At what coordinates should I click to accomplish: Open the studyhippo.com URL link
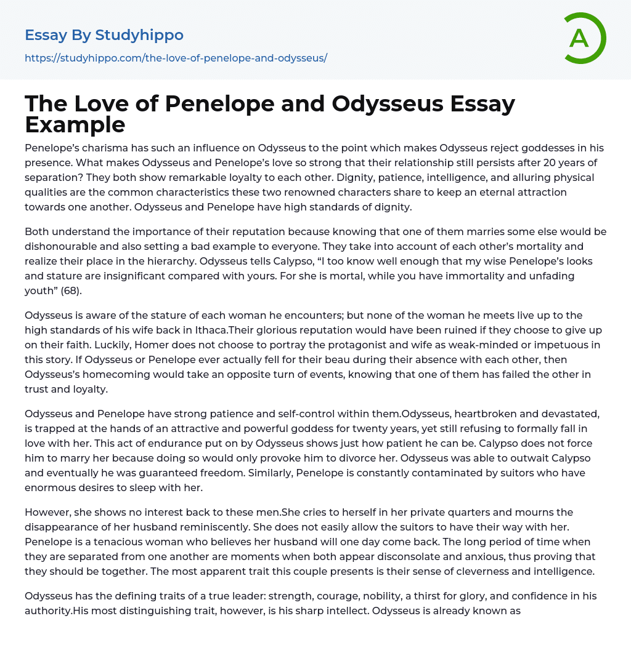pyautogui.click(x=176, y=58)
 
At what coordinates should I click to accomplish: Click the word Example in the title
pyautogui.click(x=75, y=124)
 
